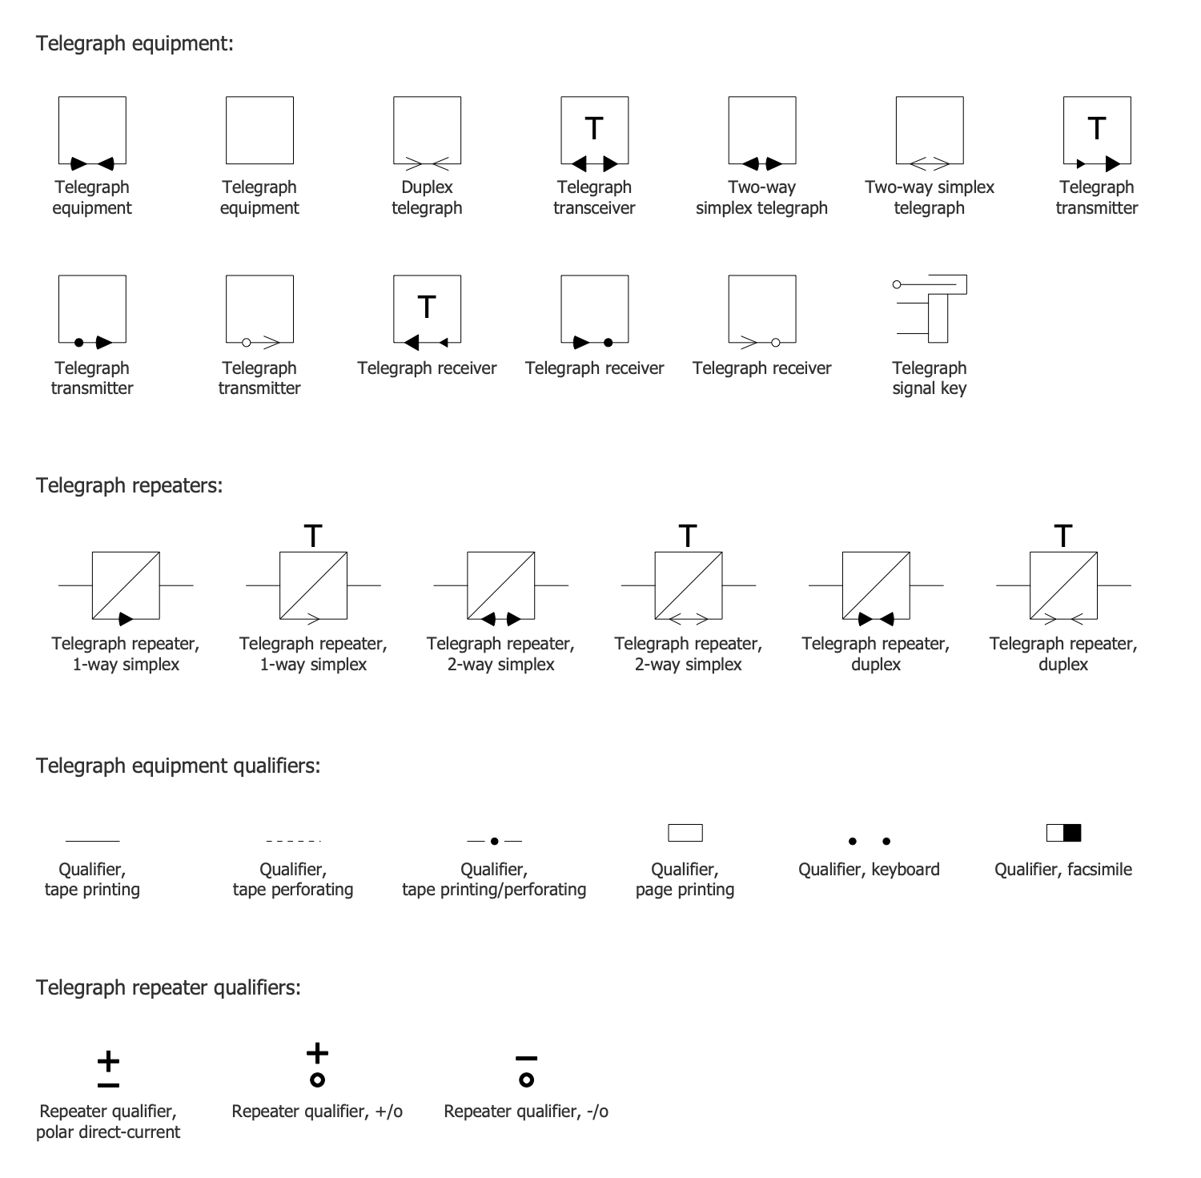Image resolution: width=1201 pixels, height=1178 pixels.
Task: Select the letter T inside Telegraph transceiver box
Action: tap(594, 128)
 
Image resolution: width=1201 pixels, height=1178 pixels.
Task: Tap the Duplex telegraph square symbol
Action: tap(427, 131)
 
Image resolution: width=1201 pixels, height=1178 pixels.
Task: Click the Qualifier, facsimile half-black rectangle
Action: tap(1063, 833)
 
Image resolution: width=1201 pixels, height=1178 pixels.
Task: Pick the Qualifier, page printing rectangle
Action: tap(685, 833)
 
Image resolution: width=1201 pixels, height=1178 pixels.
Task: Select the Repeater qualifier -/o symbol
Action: tap(526, 1071)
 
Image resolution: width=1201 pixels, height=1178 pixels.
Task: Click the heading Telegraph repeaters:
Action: tap(129, 485)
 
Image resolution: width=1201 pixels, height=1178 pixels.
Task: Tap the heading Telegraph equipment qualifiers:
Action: tap(178, 766)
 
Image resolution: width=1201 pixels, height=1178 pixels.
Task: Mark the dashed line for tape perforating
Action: tap(293, 841)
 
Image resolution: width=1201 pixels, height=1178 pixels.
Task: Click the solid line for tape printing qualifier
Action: tap(92, 841)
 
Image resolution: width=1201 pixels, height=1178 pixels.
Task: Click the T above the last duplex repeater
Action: tap(1062, 535)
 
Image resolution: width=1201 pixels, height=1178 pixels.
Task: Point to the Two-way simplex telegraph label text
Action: tap(929, 197)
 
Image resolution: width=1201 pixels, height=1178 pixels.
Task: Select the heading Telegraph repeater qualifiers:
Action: tap(168, 987)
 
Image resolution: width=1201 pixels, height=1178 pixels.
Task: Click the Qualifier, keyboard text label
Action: tap(869, 870)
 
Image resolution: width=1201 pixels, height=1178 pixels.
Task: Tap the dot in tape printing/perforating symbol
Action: tap(494, 841)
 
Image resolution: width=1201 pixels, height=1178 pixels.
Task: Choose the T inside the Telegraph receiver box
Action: tap(427, 307)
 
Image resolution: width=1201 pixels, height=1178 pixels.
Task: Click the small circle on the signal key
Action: tap(897, 284)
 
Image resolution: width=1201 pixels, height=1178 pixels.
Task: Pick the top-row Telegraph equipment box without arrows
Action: tap(259, 131)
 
